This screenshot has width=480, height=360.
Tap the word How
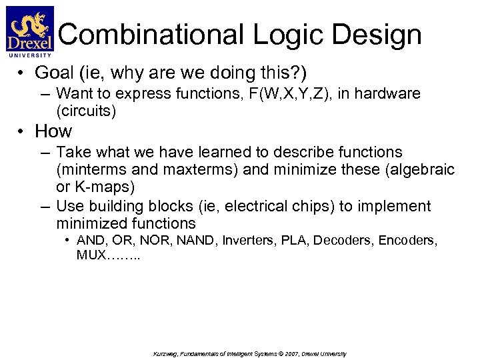click(x=53, y=131)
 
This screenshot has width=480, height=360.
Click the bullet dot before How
click(x=22, y=131)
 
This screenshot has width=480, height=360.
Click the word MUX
click(x=91, y=256)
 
